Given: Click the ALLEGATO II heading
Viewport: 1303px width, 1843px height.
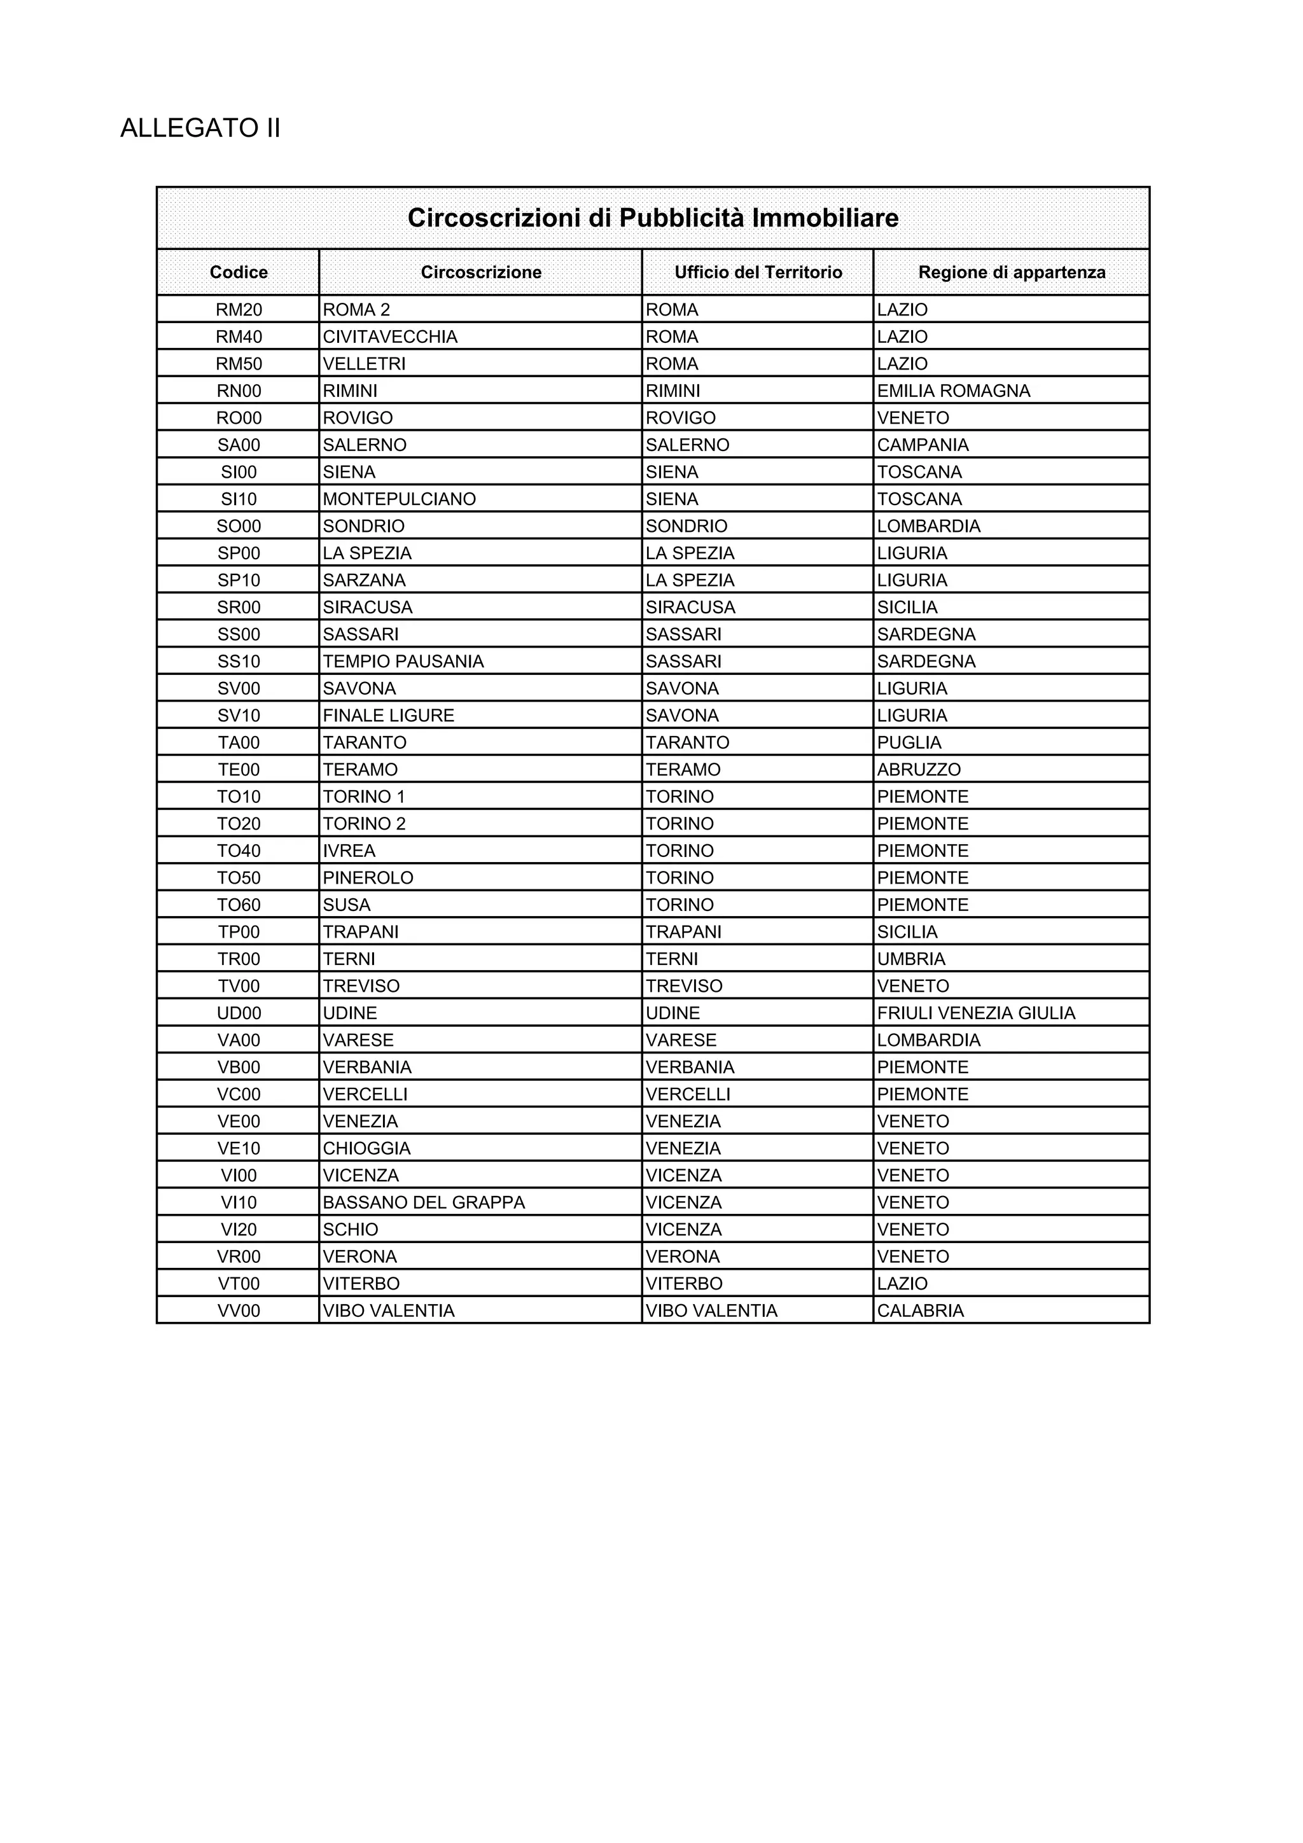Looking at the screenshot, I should tap(200, 129).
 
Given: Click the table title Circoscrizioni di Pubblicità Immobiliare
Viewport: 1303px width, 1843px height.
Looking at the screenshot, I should tap(653, 218).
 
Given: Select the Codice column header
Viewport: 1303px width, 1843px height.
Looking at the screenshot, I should tap(239, 272).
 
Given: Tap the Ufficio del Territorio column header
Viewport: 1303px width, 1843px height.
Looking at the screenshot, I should tap(758, 272).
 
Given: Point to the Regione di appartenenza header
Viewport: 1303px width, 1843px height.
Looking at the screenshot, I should tap(1012, 272).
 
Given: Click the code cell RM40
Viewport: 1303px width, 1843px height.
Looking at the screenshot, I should tap(239, 337).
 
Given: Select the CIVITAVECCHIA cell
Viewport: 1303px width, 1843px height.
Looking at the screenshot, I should tap(390, 337).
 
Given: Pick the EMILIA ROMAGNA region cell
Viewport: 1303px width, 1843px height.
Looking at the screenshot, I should tap(953, 391).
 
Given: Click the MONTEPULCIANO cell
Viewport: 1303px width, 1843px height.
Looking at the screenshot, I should tap(399, 499).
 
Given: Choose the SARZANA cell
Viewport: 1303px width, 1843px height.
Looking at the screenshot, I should tap(364, 580).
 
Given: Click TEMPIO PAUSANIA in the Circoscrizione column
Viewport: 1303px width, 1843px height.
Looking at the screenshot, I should tap(403, 662).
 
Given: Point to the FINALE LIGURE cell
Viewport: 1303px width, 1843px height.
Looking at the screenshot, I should tap(389, 715).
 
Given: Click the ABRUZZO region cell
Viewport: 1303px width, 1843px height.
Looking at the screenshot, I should tap(919, 770).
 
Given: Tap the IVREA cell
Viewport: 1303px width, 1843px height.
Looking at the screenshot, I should tap(349, 851).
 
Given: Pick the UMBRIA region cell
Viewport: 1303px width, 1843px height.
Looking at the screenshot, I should tap(911, 959).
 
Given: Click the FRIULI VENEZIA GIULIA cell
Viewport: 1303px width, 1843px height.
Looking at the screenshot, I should tap(975, 1013).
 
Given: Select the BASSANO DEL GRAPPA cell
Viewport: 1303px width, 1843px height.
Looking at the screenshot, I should tap(423, 1202).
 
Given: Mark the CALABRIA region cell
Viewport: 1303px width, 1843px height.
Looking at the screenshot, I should tap(920, 1311).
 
